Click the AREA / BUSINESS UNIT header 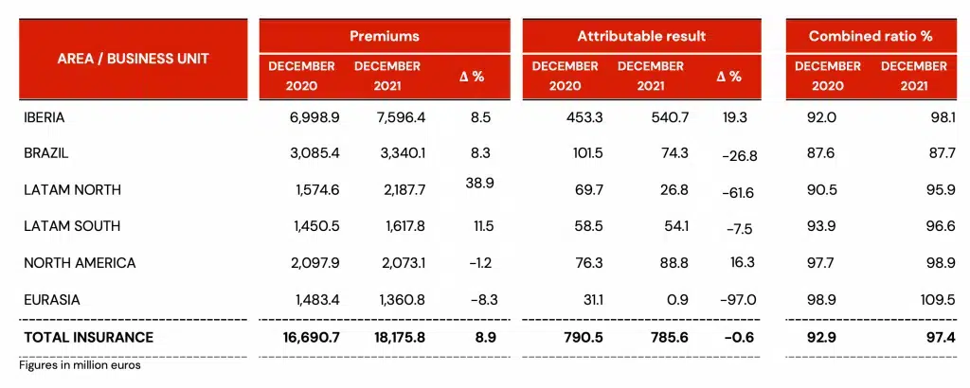click(133, 58)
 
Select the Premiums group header click(384, 36)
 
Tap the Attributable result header click(641, 36)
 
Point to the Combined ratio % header click(871, 36)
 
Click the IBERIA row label click(44, 117)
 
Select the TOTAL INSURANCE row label click(88, 337)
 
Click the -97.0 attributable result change click(739, 299)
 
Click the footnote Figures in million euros click(80, 364)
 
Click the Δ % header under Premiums click(472, 76)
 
